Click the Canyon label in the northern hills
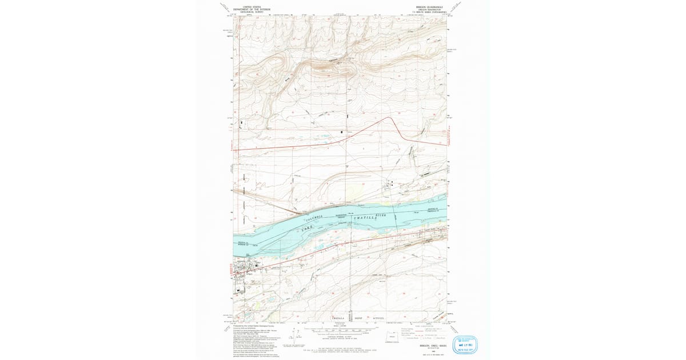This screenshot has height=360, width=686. (334, 59)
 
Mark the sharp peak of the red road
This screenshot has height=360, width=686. (390, 118)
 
